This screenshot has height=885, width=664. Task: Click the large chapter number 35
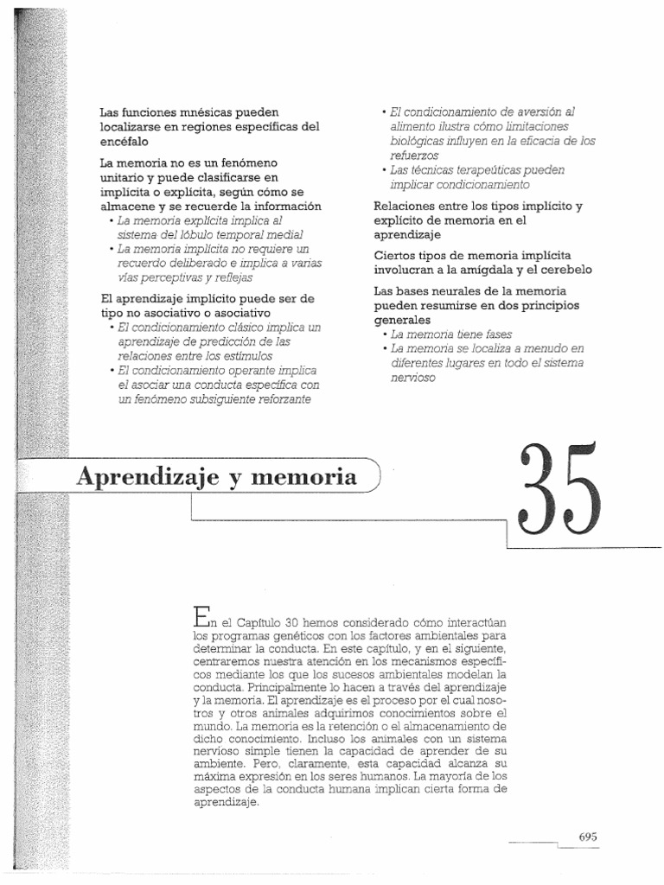point(558,491)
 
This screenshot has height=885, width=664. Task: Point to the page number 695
point(588,836)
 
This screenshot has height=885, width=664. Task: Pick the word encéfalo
point(124,140)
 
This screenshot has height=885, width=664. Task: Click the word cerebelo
point(566,270)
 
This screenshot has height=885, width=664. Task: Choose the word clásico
point(243,328)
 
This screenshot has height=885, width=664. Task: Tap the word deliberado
point(191,263)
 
